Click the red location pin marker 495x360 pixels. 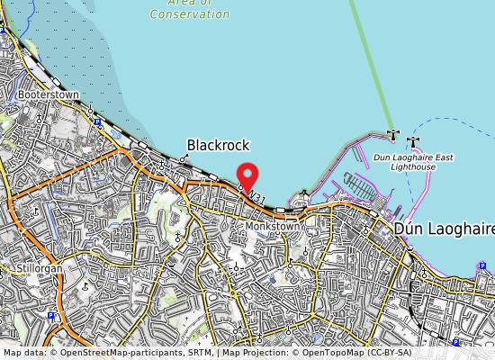(x=247, y=175)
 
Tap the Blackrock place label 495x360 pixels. (x=218, y=145)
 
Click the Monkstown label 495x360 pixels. (x=273, y=227)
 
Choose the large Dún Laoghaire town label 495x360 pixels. (x=444, y=229)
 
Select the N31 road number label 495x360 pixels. (x=257, y=197)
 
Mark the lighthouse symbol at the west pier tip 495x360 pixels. (x=392, y=135)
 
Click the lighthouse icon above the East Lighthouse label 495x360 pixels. (x=413, y=141)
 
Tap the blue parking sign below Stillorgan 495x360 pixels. (x=51, y=316)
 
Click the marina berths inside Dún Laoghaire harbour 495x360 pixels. (x=360, y=187)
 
